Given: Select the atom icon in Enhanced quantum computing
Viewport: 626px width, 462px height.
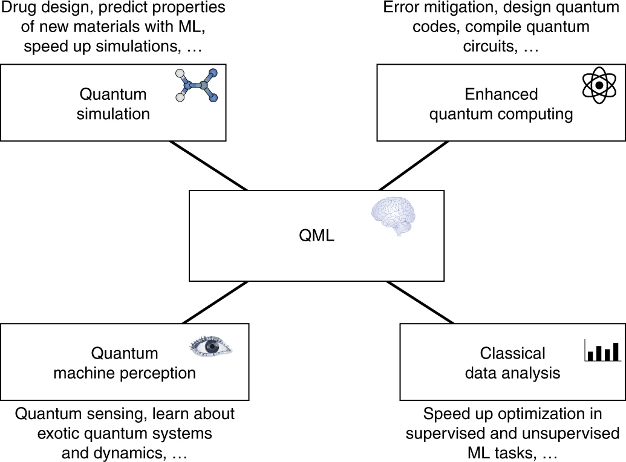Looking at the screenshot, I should (598, 85).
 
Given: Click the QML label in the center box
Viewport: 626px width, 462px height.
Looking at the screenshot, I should (316, 235).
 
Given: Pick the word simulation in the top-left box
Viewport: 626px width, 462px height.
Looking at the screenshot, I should (113, 114).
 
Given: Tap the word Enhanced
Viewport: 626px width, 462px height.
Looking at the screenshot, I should (501, 94).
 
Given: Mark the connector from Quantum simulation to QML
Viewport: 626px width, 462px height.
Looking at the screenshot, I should (209, 166).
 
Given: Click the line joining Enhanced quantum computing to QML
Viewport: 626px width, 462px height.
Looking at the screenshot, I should (413, 166).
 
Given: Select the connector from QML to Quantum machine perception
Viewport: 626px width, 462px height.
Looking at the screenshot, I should (215, 302).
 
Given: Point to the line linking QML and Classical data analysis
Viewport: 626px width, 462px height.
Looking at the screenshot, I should (420, 302).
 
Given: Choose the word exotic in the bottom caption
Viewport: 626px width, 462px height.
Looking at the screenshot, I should (60, 434).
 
